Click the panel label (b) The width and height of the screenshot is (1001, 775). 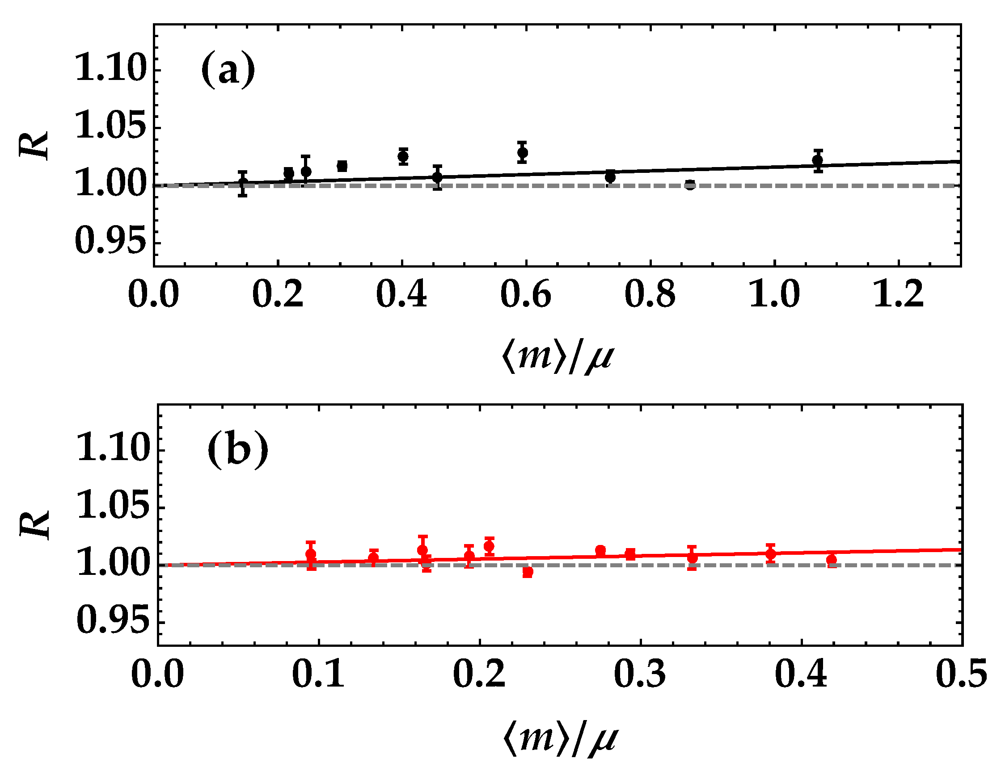tap(237, 449)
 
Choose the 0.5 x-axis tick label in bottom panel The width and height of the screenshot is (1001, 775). tap(961, 674)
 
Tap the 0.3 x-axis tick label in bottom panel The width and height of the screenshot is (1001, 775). tap(639, 674)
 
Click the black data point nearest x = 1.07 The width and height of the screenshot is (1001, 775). tap(818, 160)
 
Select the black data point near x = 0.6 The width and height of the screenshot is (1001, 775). tap(523, 152)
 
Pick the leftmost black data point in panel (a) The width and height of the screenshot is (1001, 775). tap(243, 183)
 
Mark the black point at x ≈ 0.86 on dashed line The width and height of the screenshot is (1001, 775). tap(690, 185)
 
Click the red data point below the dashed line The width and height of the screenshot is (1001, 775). tap(528, 572)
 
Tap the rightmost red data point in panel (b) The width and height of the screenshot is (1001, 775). tap(832, 560)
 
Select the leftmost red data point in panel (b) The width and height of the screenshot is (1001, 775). tap(311, 555)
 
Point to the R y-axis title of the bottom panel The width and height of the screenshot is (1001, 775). tap(35, 525)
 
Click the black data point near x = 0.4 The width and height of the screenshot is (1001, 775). tap(403, 156)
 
